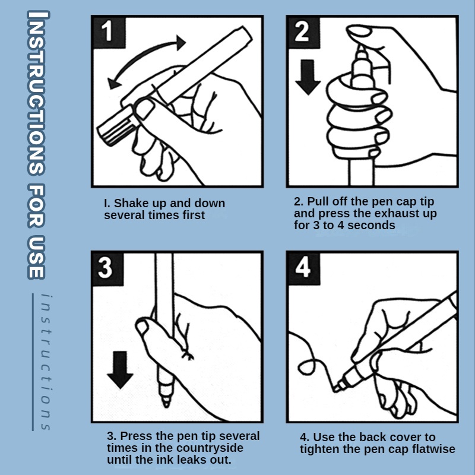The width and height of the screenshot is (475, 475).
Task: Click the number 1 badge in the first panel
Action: tap(109, 32)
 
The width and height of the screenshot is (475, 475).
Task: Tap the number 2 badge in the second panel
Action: tap(303, 32)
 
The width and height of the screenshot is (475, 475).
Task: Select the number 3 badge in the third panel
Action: tap(108, 268)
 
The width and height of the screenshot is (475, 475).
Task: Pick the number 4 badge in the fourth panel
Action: tap(303, 268)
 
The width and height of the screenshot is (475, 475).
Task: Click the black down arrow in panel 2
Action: tap(308, 77)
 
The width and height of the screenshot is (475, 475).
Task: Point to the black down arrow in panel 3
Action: tap(121, 370)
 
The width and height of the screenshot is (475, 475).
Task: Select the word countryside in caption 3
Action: tap(210, 448)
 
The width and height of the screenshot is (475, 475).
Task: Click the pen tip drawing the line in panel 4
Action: tap(335, 389)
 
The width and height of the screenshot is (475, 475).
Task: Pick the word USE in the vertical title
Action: tap(37, 256)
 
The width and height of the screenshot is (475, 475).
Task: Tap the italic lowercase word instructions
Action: tap(46, 362)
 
